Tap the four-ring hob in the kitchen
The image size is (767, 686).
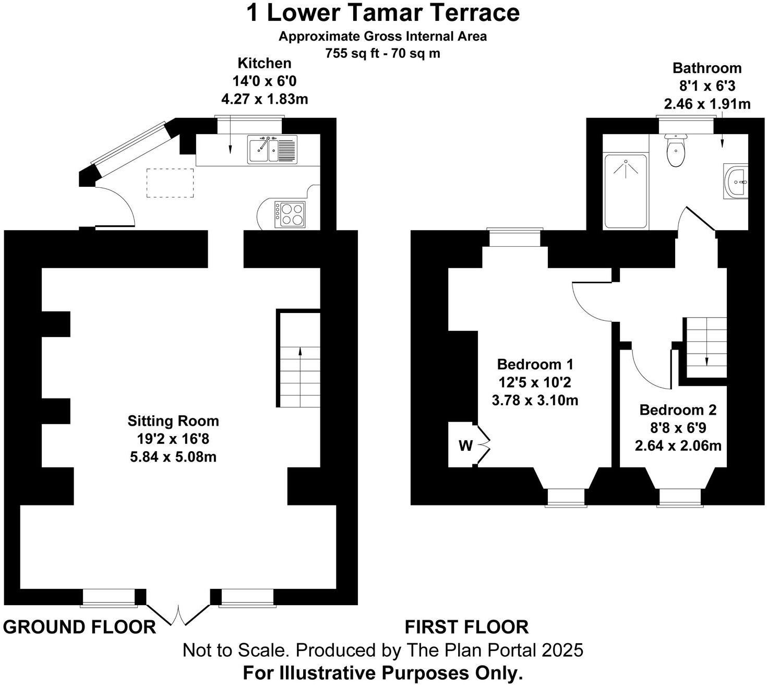[x=291, y=214]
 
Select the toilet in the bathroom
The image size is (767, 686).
[x=676, y=151]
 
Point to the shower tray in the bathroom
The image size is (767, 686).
[x=626, y=191]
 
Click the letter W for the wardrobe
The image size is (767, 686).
[x=465, y=446]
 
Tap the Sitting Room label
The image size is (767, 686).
[x=173, y=421]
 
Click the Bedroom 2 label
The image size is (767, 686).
[x=678, y=410]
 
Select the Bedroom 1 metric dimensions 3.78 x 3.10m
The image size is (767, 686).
[x=535, y=401]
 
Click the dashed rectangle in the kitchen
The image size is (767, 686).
[x=170, y=183]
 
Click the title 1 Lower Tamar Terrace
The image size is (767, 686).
[x=383, y=13]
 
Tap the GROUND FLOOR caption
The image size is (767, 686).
[x=79, y=627]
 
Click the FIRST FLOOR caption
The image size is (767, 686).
[x=466, y=626]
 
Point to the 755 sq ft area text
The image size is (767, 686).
[x=382, y=53]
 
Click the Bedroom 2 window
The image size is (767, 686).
[x=680, y=498]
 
